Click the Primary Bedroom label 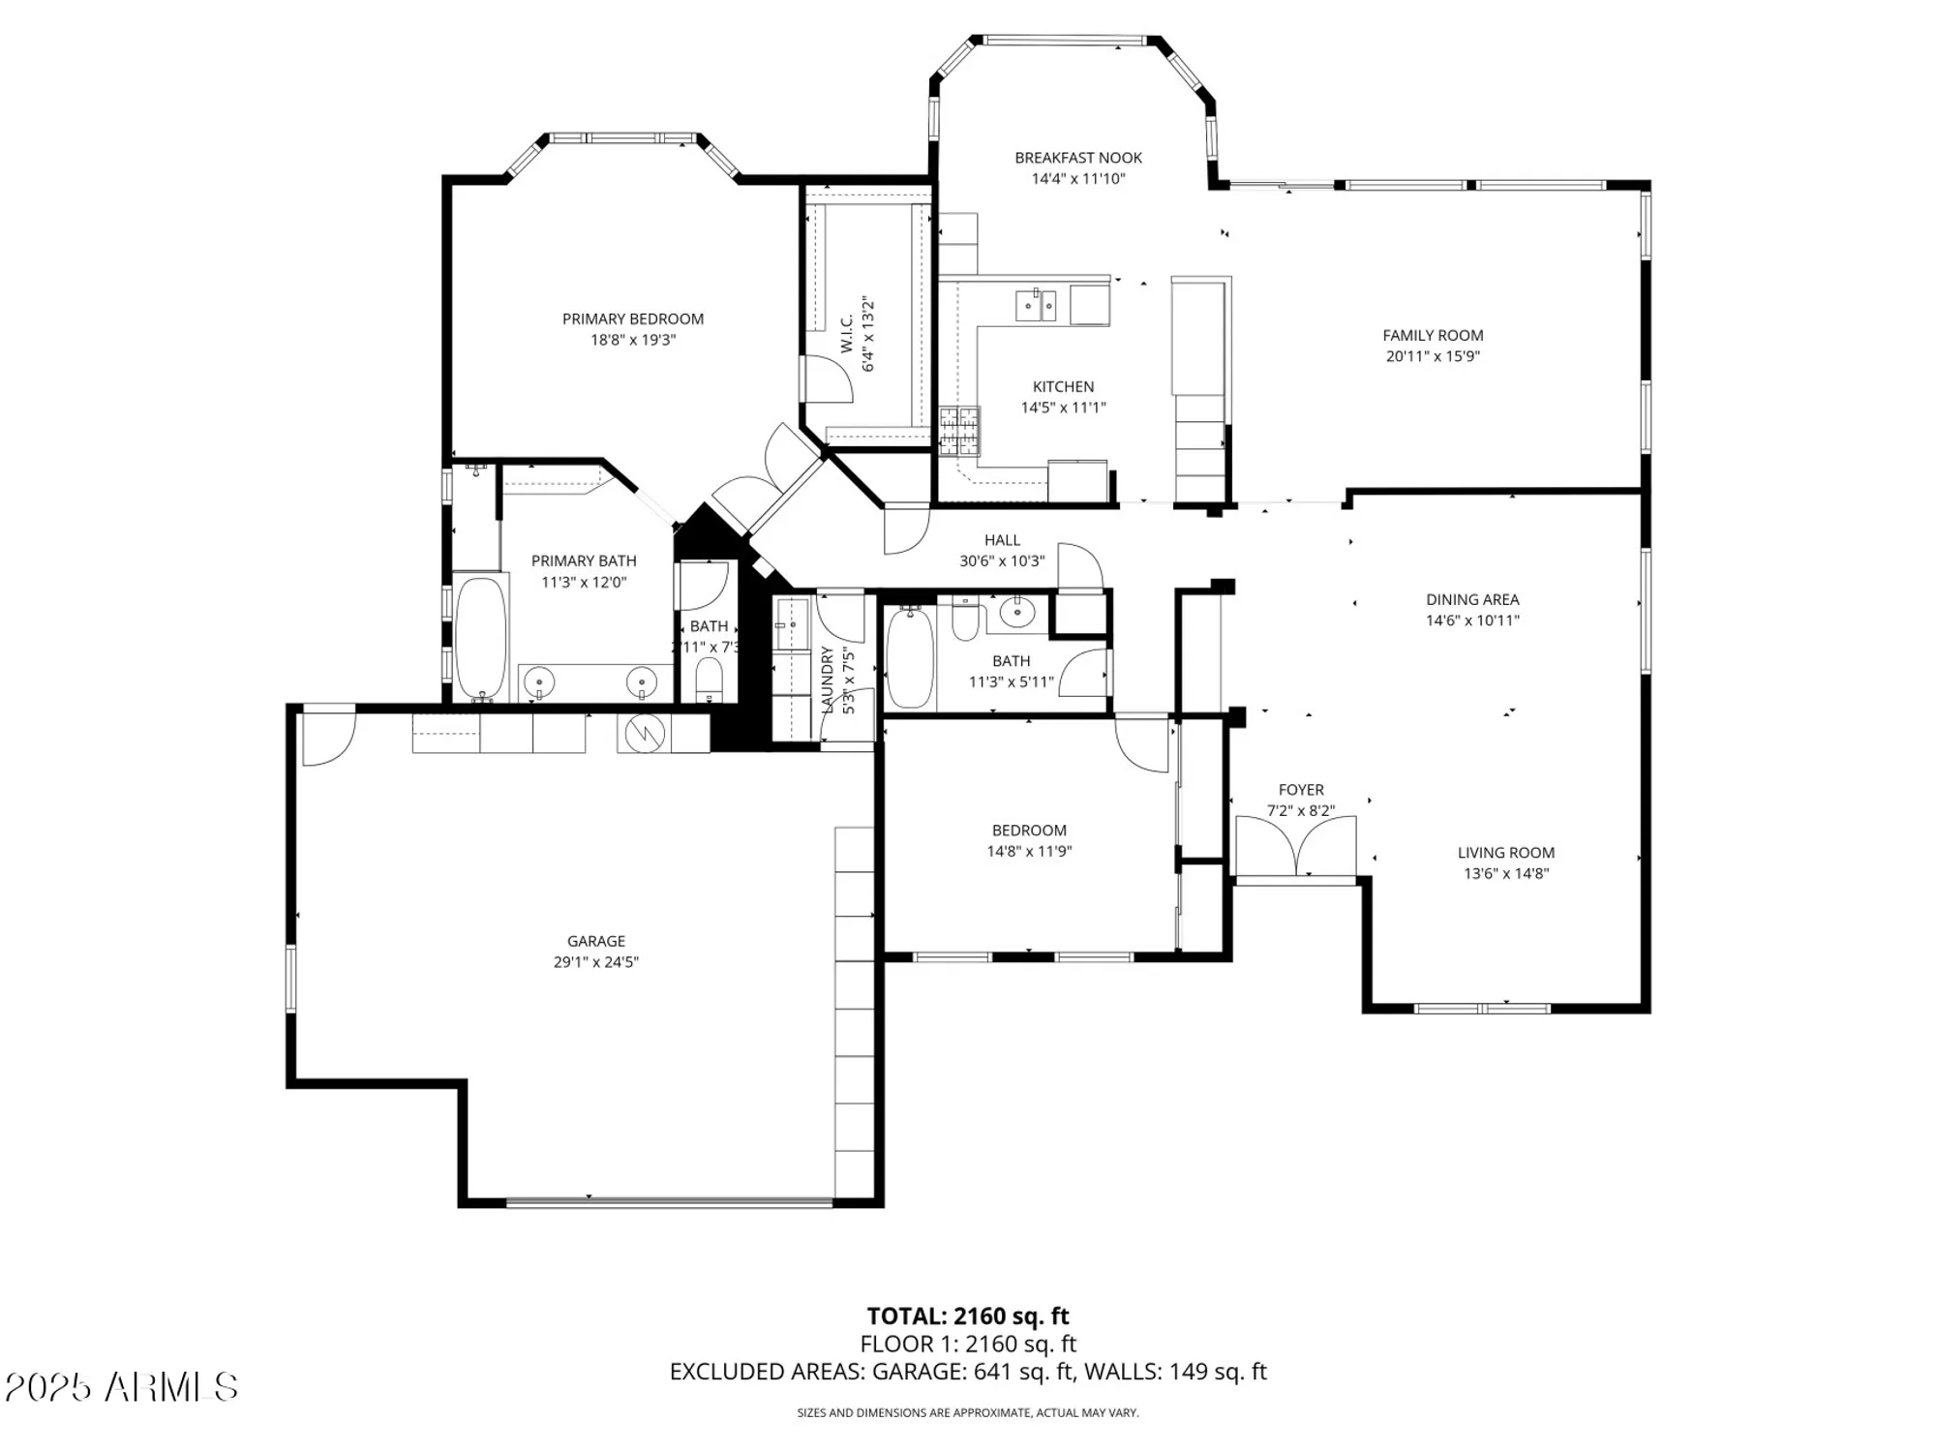632,318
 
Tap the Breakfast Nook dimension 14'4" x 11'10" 1077,179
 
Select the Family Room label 1432,335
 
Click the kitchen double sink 1036,306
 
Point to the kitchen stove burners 959,431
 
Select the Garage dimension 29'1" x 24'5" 595,962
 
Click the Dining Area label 1471,599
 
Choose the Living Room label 1505,853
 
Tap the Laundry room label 828,681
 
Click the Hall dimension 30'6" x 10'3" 1001,561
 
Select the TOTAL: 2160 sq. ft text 967,1316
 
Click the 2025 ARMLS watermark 121,1387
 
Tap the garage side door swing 327,738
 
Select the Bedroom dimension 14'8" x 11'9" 1028,852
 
